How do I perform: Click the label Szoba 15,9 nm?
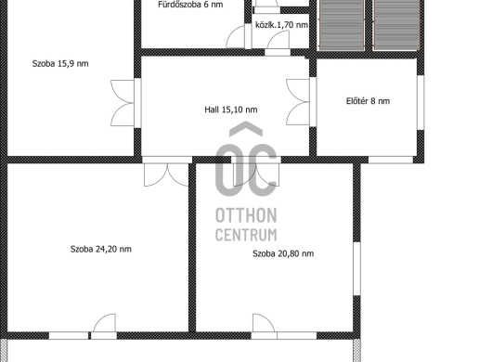60,64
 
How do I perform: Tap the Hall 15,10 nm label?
231,110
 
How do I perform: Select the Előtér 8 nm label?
368,101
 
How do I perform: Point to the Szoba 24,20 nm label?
101,249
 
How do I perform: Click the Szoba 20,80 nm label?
283,253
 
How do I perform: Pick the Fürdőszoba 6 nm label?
190,5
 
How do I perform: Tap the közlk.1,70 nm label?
281,25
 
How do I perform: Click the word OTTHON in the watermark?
246,215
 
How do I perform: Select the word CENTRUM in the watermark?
246,235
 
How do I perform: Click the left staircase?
342,24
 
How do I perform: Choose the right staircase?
396,24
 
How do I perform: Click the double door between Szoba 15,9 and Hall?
123,103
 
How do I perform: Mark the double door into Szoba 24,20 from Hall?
166,175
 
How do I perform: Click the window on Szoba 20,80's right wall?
356,268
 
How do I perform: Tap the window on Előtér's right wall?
421,102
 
